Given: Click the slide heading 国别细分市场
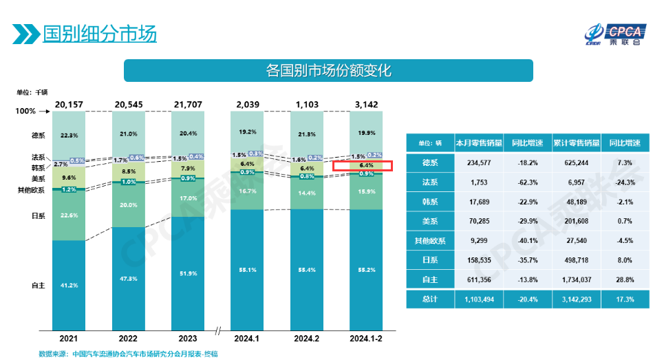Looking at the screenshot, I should click(99, 34).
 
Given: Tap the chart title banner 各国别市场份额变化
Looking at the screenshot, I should click(328, 70).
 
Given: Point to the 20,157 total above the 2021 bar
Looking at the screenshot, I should click(68, 104).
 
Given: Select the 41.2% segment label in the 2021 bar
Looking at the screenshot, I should click(68, 285).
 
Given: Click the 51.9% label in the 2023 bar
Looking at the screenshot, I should click(188, 255).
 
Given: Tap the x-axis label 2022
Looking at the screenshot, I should click(127, 339).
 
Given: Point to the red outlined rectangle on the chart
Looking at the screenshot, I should click(362, 166).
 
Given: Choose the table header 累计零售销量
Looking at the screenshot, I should click(576, 143).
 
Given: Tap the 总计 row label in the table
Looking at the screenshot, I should click(429, 299).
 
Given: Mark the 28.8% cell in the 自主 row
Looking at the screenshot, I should click(624, 280).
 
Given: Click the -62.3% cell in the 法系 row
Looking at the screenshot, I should click(527, 182).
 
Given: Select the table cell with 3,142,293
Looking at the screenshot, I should click(576, 299).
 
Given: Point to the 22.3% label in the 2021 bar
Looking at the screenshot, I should click(68, 136).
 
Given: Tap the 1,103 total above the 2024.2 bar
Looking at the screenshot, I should click(306, 104).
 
